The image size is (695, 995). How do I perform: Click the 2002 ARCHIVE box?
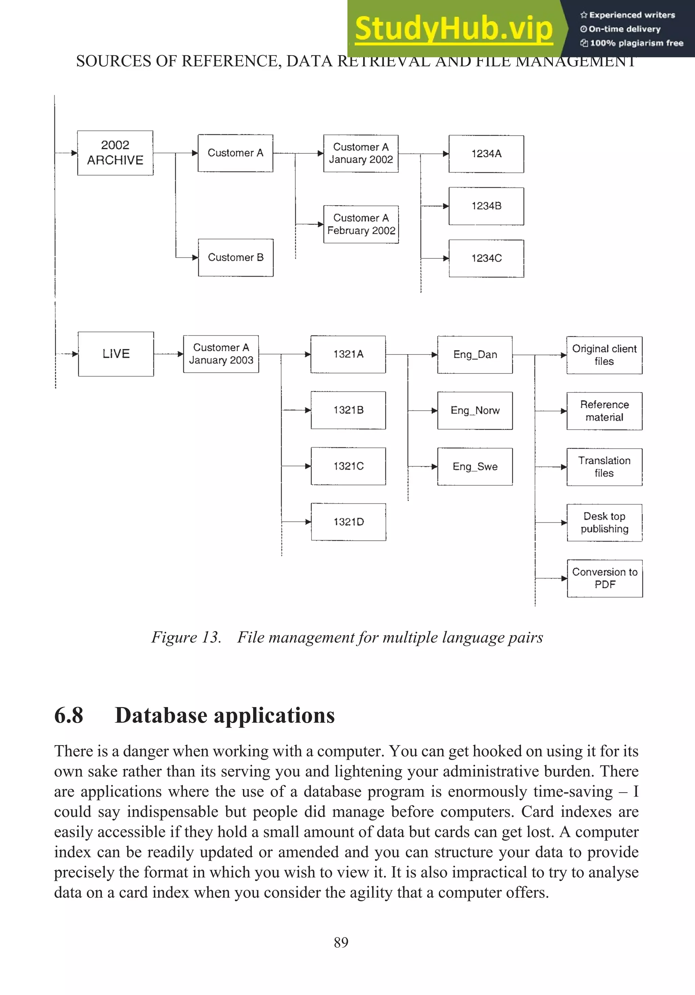[x=115, y=153]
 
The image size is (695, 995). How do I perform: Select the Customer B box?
[x=236, y=257]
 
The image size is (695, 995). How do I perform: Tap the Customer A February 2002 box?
[x=361, y=224]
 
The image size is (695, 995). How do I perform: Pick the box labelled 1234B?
[x=486, y=206]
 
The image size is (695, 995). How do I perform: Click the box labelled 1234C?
[x=486, y=258]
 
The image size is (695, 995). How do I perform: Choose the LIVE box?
[x=116, y=354]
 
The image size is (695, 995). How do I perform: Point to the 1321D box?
[x=348, y=522]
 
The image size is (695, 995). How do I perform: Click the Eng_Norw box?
[x=475, y=410]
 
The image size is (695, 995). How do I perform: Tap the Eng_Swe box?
[x=475, y=467]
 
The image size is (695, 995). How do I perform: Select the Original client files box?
[x=604, y=355]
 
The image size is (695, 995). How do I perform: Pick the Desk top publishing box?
[x=604, y=523]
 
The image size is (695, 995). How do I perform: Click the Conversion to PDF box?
[x=604, y=578]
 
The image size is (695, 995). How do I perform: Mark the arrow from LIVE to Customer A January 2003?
[x=168, y=354]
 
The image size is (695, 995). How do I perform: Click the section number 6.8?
[x=69, y=716]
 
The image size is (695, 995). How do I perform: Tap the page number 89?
[x=341, y=942]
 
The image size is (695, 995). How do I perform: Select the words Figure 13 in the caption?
[x=186, y=638]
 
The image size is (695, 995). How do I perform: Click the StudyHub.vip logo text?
[x=453, y=28]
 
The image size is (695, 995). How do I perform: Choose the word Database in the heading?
[x=161, y=716]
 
